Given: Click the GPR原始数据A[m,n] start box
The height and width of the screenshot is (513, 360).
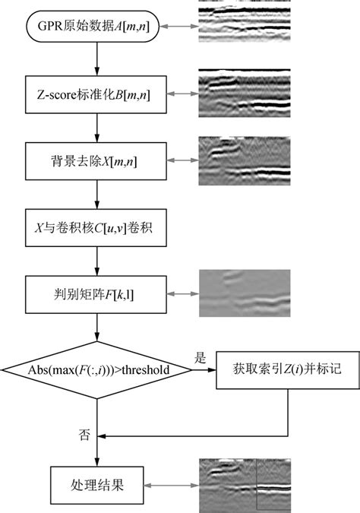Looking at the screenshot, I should [96, 27].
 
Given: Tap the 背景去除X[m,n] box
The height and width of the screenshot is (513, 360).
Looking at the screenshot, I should [96, 160].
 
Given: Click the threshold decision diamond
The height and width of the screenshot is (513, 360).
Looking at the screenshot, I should [96, 369].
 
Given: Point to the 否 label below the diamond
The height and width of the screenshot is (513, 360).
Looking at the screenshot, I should [84, 435].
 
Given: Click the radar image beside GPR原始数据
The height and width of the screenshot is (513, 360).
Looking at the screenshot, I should [245, 22].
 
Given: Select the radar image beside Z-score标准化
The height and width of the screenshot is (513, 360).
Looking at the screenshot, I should [245, 93].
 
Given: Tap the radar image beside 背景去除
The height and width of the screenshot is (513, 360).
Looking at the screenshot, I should [245, 160].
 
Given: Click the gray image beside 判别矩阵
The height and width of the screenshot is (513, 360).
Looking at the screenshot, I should [245, 294].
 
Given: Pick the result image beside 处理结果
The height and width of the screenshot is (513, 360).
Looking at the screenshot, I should [245, 483].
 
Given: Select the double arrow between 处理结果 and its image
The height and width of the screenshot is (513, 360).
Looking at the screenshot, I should [171, 483].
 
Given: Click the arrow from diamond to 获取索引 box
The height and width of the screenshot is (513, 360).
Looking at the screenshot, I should [204, 370].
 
